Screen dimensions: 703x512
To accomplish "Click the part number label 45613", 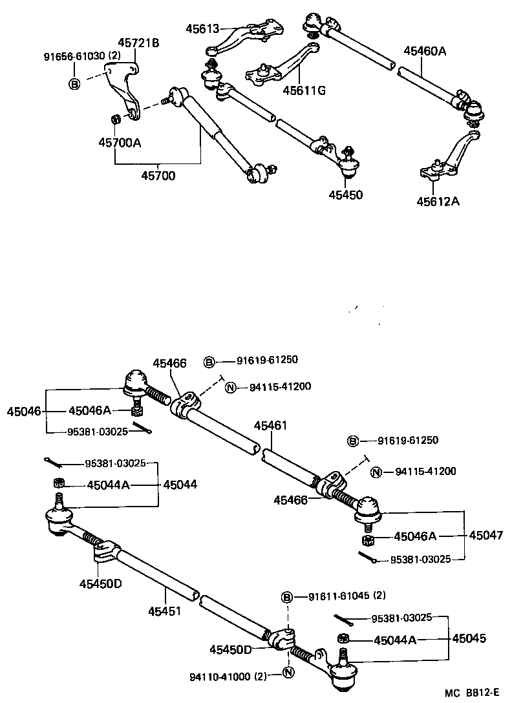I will [x=202, y=29].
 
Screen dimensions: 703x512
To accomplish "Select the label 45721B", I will [x=138, y=43].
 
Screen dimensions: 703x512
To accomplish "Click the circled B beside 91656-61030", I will [x=74, y=84].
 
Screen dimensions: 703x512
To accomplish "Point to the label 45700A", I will [x=120, y=142].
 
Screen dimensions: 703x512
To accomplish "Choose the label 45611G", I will [x=303, y=90].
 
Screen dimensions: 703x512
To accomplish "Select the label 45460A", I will [x=425, y=50].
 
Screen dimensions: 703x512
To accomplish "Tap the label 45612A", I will [x=438, y=201].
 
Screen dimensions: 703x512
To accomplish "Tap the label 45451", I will [x=164, y=611].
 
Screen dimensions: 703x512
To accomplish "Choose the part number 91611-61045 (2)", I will [x=347, y=595].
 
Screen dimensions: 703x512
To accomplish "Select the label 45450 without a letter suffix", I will [x=345, y=194].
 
